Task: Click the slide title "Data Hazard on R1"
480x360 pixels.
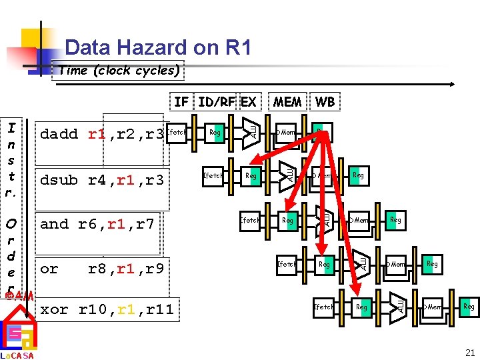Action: pyautogui.click(x=158, y=47)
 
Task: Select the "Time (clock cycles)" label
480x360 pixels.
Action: pyautogui.click(x=119, y=71)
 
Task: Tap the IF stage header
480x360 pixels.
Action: pyautogui.click(x=181, y=101)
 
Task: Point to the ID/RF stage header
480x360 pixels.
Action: pyautogui.click(x=217, y=101)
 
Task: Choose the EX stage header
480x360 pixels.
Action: pyautogui.click(x=249, y=101)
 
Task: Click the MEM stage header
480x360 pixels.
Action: pyautogui.click(x=287, y=101)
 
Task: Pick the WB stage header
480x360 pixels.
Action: pyautogui.click(x=325, y=101)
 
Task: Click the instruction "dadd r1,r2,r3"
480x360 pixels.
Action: pyautogui.click(x=102, y=134)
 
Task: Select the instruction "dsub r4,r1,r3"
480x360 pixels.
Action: pyautogui.click(x=102, y=180)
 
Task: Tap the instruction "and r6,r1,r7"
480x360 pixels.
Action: pyautogui.click(x=97, y=224)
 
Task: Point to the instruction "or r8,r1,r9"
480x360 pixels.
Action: pyautogui.click(x=101, y=269)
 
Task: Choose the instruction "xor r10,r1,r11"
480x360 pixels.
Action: pyautogui.click(x=107, y=309)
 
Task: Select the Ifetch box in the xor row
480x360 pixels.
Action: pyautogui.click(x=324, y=307)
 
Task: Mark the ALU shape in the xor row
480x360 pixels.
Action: pyautogui.click(x=399, y=305)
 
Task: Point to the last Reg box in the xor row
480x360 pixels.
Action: pyautogui.click(x=469, y=307)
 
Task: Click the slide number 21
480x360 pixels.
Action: pyautogui.click(x=470, y=353)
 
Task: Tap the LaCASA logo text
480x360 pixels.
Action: pyautogui.click(x=17, y=355)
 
